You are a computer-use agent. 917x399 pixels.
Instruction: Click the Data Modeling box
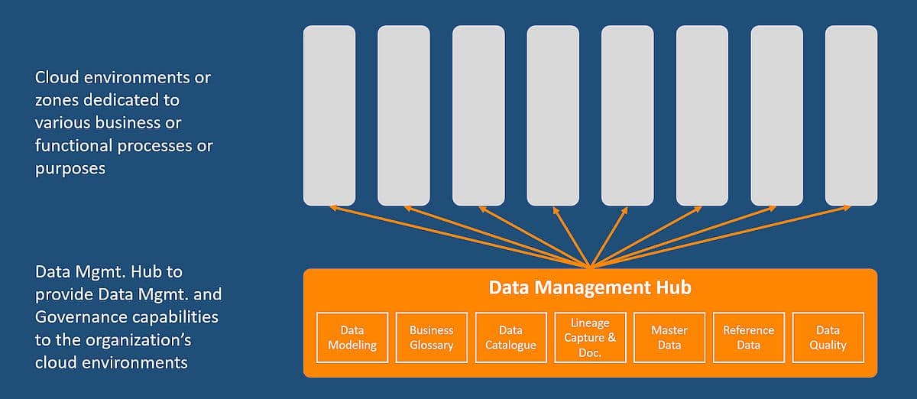pyautogui.click(x=352, y=337)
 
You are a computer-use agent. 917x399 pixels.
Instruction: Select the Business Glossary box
pyautogui.click(x=432, y=337)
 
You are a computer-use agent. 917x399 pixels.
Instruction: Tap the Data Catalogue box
pyautogui.click(x=510, y=337)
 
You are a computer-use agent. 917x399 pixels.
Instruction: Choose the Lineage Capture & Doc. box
pyautogui.click(x=590, y=336)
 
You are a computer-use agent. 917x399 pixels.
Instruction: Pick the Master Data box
pyautogui.click(x=669, y=337)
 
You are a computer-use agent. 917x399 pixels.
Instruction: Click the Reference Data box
pyautogui.click(x=749, y=337)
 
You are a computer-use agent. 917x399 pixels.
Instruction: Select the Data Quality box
pyautogui.click(x=828, y=337)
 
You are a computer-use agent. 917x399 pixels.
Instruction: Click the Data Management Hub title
pyautogui.click(x=590, y=287)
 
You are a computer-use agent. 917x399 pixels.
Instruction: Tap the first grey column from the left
pyautogui.click(x=329, y=115)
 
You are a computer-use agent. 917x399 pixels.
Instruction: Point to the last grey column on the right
pyautogui.click(x=851, y=115)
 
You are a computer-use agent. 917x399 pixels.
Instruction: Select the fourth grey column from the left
pyautogui.click(x=553, y=115)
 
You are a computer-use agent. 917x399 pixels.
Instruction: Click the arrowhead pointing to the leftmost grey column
pyautogui.click(x=331, y=207)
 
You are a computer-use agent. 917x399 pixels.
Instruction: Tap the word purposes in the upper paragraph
pyautogui.click(x=70, y=168)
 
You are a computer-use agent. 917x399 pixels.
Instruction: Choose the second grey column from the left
pyautogui.click(x=403, y=115)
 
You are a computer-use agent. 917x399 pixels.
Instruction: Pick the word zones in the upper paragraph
pyautogui.click(x=55, y=100)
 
